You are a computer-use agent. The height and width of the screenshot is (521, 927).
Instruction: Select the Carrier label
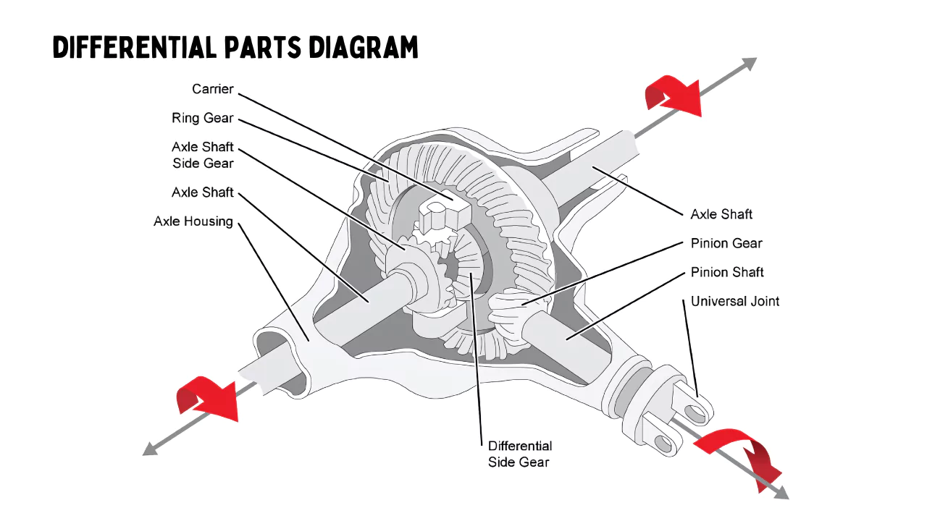click(213, 89)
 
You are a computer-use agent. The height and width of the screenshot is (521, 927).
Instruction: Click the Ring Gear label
click(203, 118)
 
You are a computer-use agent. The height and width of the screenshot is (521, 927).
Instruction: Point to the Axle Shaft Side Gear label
click(203, 155)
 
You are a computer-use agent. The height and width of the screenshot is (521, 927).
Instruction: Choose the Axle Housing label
click(193, 221)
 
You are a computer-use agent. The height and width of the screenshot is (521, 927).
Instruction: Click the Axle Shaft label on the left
click(203, 192)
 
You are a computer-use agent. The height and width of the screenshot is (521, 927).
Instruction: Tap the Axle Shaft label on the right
click(721, 214)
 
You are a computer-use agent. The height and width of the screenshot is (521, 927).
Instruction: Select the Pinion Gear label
click(726, 243)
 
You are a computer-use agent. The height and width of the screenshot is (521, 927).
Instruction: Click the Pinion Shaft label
click(727, 272)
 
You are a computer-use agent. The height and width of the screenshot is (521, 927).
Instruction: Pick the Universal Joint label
click(735, 301)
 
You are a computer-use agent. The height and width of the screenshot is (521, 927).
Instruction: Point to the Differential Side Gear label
click(519, 454)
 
